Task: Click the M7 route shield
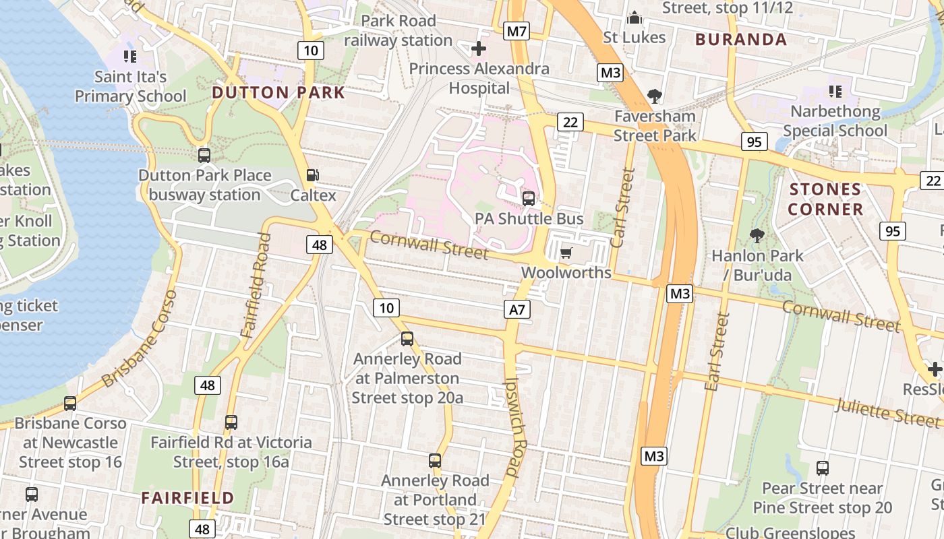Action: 517,31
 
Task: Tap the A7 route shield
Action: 517,309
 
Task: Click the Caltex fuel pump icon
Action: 312,175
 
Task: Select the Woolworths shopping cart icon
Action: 566,253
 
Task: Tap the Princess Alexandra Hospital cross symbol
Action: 479,49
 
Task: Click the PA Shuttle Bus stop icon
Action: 529,198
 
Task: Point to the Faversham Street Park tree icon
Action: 654,96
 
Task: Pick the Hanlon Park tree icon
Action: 757,235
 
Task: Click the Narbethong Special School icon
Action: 835,91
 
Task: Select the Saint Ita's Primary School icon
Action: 130,57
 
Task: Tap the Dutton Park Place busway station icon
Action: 204,156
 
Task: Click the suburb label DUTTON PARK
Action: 278,93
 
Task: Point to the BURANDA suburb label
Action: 741,40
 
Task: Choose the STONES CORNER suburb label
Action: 825,199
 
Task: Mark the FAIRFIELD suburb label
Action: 187,498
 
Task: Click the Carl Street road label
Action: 623,207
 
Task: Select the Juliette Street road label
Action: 887,412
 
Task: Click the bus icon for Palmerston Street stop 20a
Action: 407,338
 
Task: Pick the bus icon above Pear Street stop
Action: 822,468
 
